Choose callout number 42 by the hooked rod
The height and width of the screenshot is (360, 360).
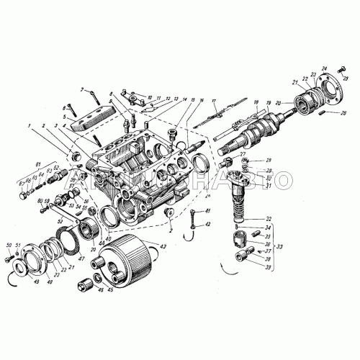point(209,225)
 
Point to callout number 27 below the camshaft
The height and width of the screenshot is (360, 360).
point(243,153)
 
